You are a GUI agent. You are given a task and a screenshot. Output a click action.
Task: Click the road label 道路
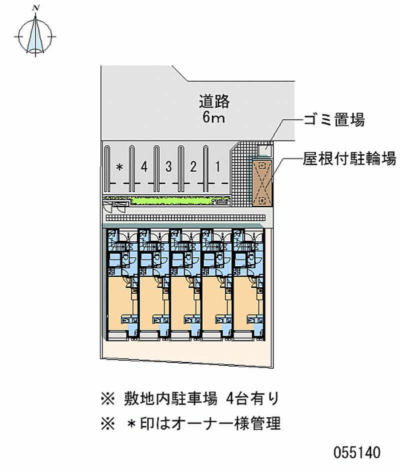(x=213, y=101)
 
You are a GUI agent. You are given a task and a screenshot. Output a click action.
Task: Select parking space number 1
(x=217, y=167)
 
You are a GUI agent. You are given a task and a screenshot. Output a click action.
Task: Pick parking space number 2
(x=193, y=167)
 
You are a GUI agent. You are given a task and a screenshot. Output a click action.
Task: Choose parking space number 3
(x=169, y=167)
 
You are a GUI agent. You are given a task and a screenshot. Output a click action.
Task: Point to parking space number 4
(x=144, y=167)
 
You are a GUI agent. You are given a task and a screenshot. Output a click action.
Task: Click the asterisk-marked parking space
(x=119, y=167)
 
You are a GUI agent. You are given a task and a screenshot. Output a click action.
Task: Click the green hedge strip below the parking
(x=170, y=202)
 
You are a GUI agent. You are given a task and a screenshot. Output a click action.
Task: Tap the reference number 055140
(x=356, y=453)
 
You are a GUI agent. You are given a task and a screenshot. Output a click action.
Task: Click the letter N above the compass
(x=36, y=8)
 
